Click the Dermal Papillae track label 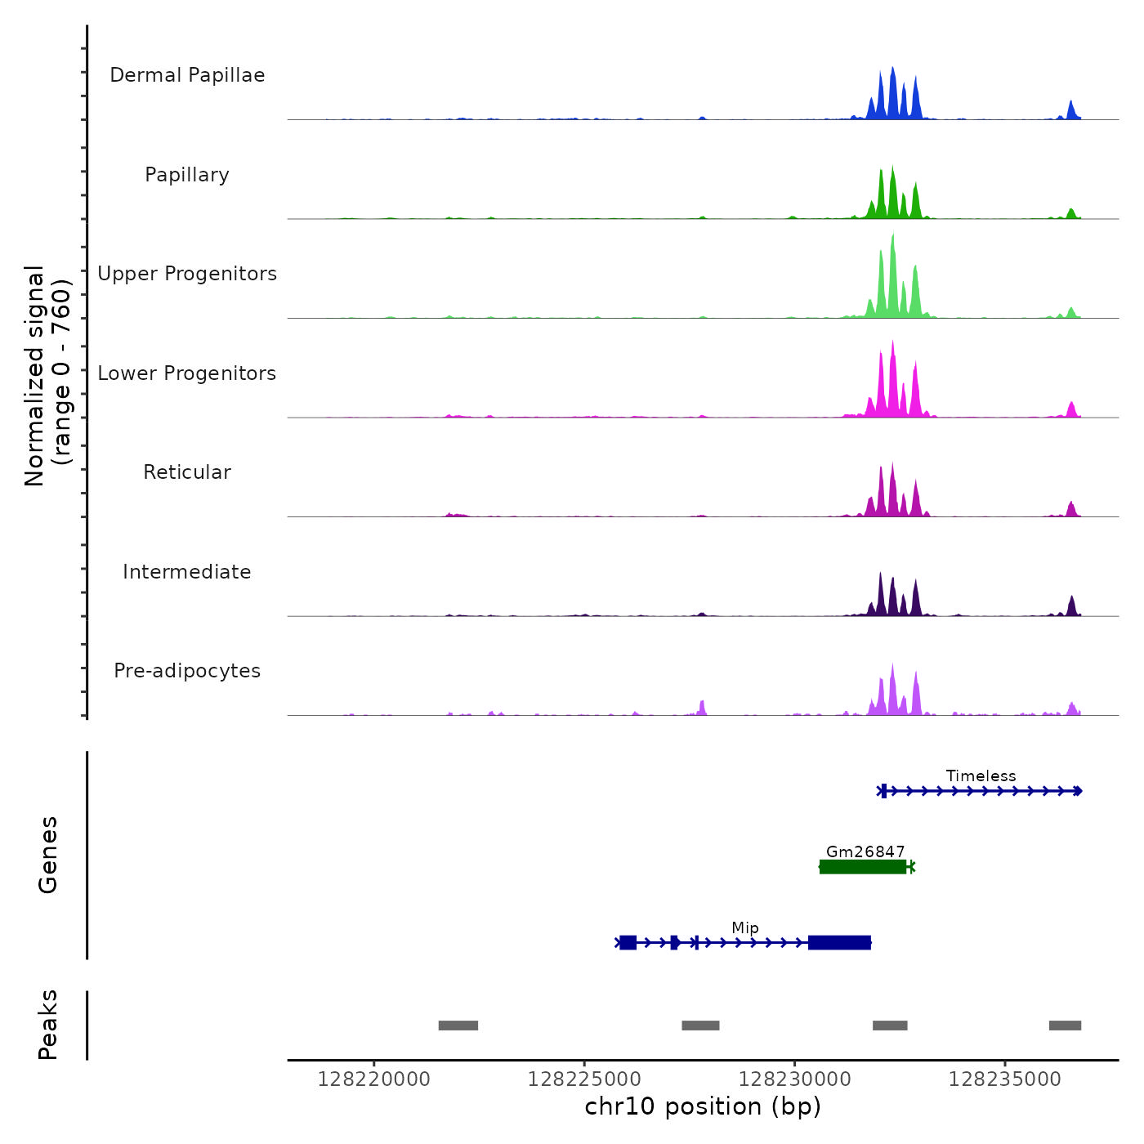tap(187, 75)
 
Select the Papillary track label tap(187, 175)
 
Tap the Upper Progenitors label tap(187, 274)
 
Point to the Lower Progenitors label tap(187, 373)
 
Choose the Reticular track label tap(187, 472)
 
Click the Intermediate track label tap(187, 572)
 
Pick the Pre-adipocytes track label tap(187, 671)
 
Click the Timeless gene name tap(981, 775)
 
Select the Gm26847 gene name tap(865, 851)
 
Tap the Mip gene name tap(745, 927)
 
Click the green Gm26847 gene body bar tap(863, 867)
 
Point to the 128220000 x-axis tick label tap(374, 1079)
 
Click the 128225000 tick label tap(584, 1079)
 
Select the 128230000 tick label tap(794, 1079)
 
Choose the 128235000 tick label tap(1004, 1079)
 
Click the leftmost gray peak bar tap(458, 1026)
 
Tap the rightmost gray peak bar tap(1065, 1026)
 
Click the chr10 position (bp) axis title tap(703, 1106)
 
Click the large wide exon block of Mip tap(839, 943)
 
